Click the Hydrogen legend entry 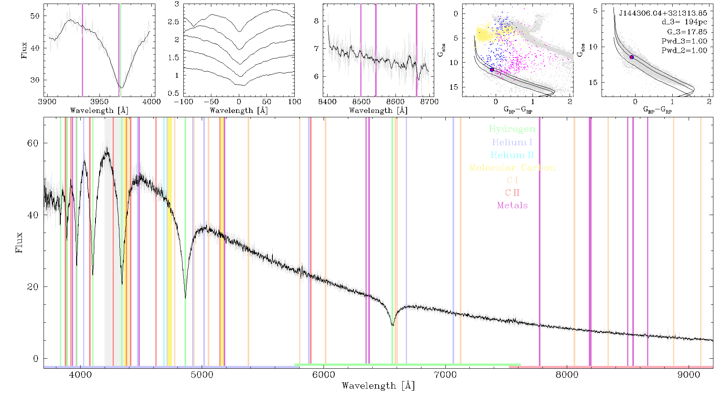512,129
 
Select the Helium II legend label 512,155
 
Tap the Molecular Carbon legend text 512,168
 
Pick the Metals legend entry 512,205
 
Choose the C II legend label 512,193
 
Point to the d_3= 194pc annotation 684,22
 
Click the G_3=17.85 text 687,32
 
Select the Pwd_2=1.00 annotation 684,50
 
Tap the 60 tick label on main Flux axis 33,143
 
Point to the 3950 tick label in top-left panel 99,101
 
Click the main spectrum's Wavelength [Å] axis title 378,386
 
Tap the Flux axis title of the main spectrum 19,243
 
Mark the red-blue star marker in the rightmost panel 632,57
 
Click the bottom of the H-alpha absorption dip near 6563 393,326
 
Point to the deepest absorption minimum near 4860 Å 185,298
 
